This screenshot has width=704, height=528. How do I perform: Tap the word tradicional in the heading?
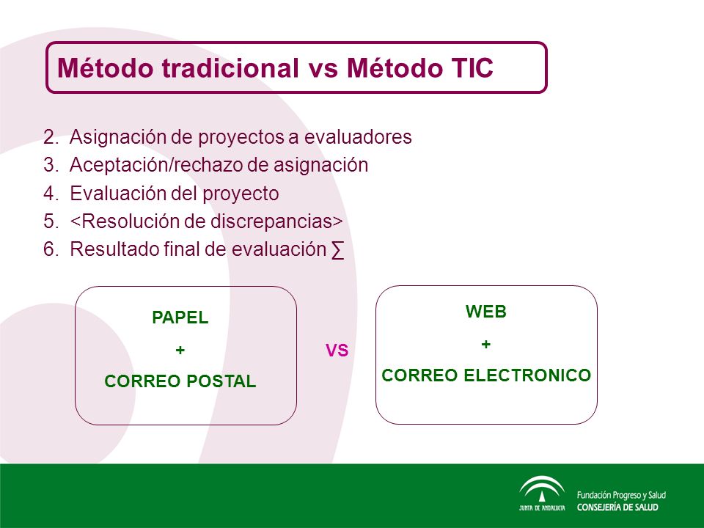[230, 68]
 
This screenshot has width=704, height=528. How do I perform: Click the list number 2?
[51, 137]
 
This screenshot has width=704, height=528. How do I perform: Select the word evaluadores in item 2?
[358, 137]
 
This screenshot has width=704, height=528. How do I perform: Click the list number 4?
[51, 193]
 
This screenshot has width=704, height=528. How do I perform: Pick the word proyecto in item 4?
[241, 194]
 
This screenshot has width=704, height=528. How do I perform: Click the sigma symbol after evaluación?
[337, 250]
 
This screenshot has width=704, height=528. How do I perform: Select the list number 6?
[51, 249]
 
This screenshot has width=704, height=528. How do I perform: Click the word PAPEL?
[180, 318]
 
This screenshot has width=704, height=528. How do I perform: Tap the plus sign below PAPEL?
[180, 350]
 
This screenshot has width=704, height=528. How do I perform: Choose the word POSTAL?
[221, 381]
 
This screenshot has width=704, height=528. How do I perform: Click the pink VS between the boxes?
[337, 351]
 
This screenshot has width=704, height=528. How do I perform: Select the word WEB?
[485, 311]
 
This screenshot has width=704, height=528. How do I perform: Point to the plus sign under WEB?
[485, 345]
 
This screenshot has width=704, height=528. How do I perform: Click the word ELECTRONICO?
[527, 375]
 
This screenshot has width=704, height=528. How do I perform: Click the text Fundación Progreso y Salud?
[621, 495]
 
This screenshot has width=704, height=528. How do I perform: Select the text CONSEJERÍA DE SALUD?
[617, 507]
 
